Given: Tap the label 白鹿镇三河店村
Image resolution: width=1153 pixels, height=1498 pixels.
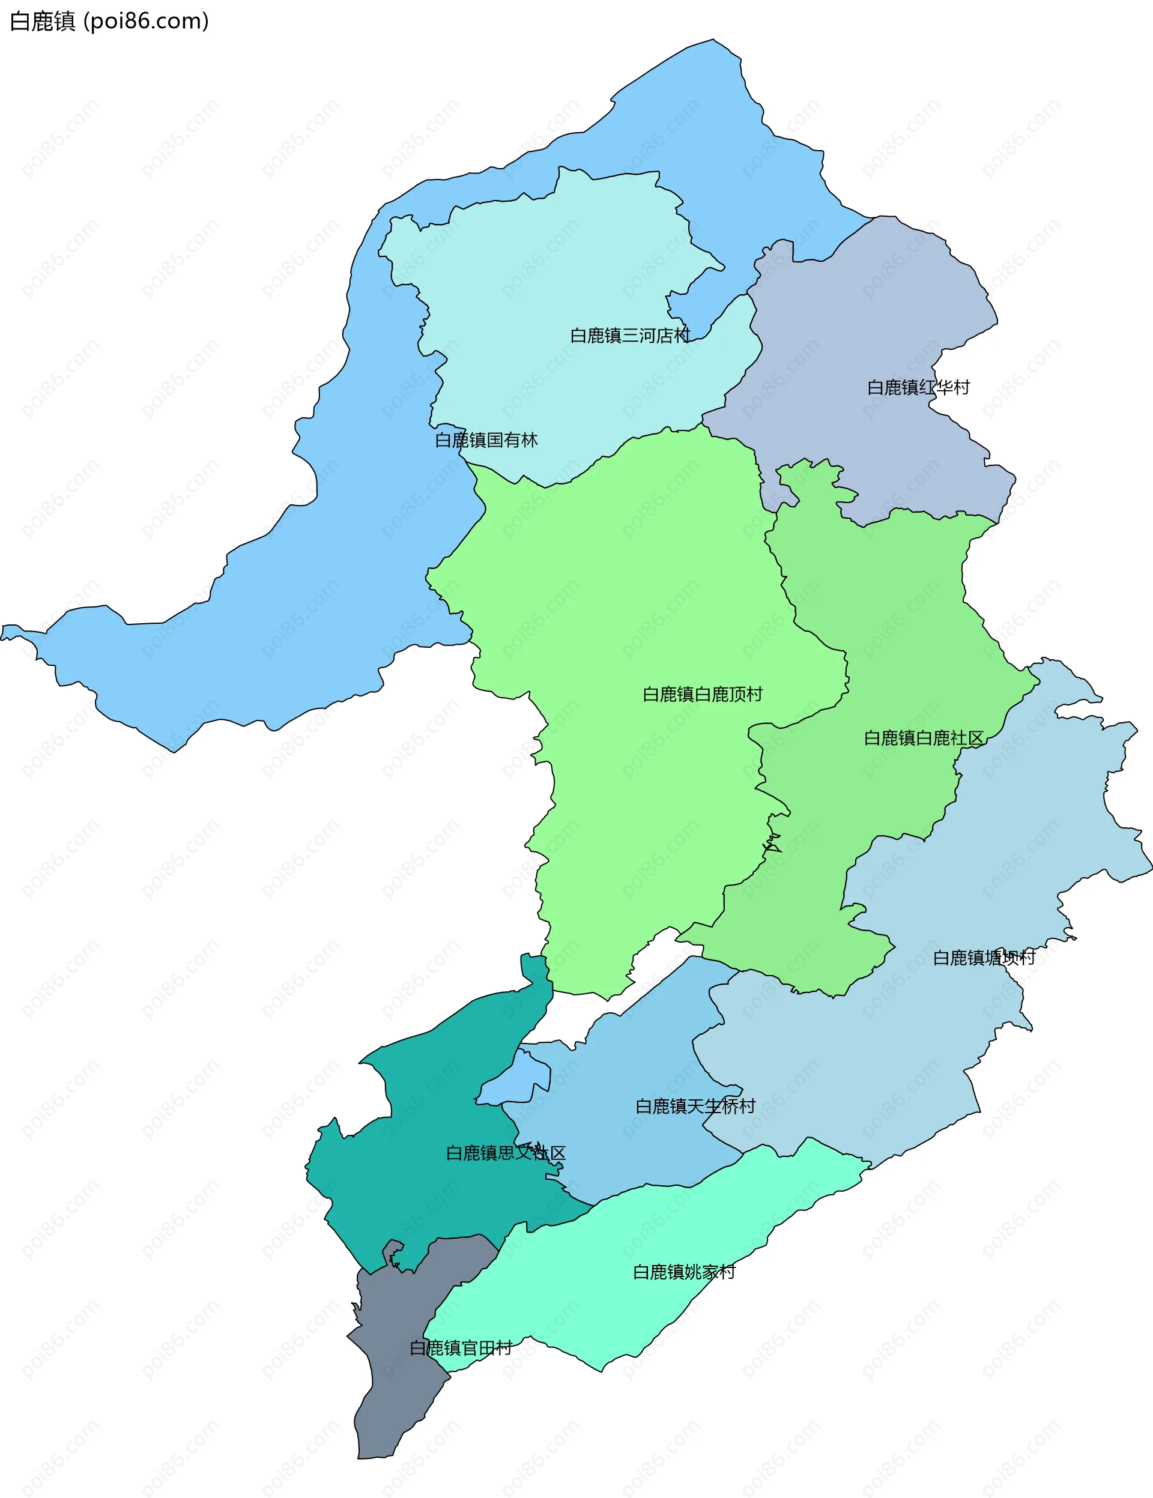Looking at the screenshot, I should (x=630, y=336).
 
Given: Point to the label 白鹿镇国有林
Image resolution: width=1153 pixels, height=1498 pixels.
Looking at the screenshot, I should (x=486, y=439).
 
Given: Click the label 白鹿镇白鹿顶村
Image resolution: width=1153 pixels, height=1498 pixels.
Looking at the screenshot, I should (x=701, y=694).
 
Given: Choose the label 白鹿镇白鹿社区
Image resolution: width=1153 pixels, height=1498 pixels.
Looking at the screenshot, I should (x=923, y=738).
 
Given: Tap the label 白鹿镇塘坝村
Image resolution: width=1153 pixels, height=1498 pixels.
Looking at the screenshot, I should (x=983, y=958).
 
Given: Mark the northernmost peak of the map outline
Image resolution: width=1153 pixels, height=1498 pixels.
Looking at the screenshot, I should (x=713, y=40).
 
